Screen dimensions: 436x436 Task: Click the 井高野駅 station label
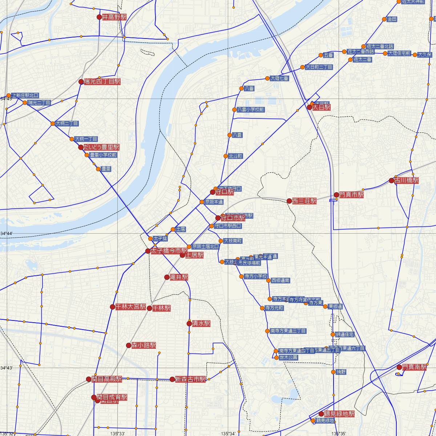114,17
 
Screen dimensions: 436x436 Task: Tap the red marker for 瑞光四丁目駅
81,82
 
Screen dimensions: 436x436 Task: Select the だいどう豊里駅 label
101,147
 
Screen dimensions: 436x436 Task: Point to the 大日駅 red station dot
310,107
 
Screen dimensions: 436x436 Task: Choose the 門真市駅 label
351,195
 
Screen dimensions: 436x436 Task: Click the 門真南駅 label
414,367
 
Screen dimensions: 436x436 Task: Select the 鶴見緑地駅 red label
339,414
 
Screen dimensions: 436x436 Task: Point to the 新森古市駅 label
190,379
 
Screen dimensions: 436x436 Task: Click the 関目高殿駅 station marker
89,379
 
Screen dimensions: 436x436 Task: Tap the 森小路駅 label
144,345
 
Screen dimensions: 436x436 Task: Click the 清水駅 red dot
189,323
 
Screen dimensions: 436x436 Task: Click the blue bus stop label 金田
392,19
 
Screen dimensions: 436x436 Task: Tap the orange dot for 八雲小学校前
234,110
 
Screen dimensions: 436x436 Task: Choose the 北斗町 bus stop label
235,156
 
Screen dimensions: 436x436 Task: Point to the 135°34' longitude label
228,433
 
